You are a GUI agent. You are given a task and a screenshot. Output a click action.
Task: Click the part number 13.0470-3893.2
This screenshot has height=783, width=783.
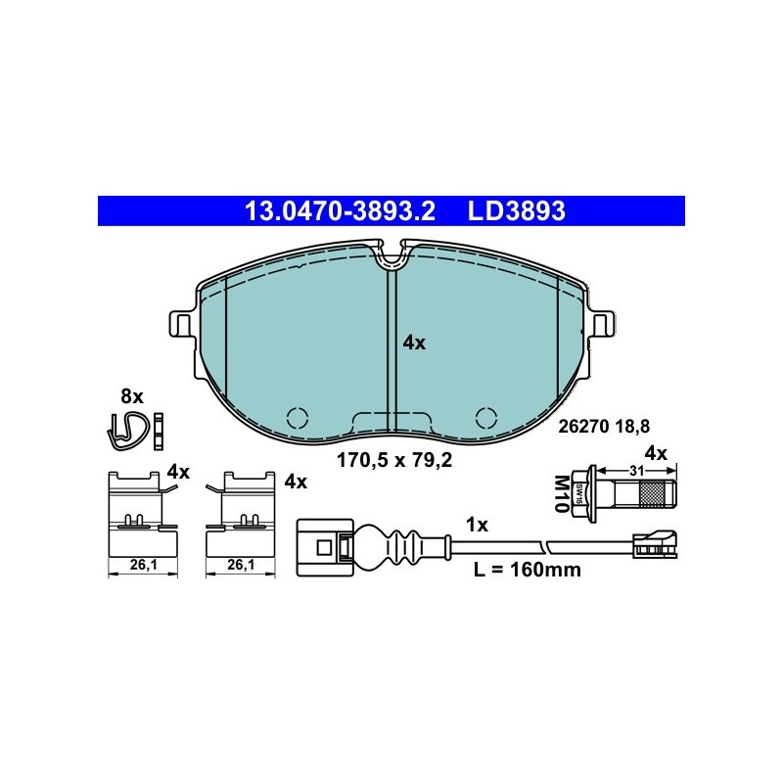click(x=340, y=210)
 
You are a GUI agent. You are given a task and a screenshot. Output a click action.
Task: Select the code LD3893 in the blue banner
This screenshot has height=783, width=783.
click(x=516, y=210)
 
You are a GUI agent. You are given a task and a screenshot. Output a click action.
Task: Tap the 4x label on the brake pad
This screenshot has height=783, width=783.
click(x=414, y=344)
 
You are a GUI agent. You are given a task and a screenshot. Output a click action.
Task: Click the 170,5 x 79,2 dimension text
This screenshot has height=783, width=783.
click(x=394, y=460)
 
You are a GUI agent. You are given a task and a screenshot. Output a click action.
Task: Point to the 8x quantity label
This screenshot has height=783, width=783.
click(x=132, y=396)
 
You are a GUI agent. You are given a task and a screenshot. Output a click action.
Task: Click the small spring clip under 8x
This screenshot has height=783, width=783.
click(x=128, y=431)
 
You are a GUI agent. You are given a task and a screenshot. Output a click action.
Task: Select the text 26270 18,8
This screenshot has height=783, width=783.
click(x=604, y=427)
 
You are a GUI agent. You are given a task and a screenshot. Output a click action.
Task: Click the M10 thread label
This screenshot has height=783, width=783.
click(x=562, y=493)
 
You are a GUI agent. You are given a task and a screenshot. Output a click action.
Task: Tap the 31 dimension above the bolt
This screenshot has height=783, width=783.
click(x=637, y=471)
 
